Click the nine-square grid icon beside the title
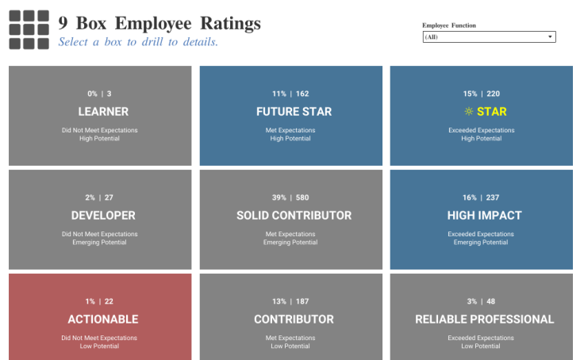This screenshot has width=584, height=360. click(29, 30)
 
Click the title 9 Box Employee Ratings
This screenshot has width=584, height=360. click(159, 24)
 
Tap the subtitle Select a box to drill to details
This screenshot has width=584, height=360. click(138, 42)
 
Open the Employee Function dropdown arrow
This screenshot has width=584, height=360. click(550, 37)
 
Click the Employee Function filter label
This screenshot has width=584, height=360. click(449, 25)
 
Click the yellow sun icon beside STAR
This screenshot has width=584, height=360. click(469, 112)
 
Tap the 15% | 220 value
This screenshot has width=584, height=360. click(482, 94)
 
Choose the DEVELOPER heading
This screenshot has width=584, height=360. click(103, 216)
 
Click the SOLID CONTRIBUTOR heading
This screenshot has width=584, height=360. click(294, 216)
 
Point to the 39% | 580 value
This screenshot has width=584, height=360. click(290, 197)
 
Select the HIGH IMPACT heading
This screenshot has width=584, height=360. click(484, 216)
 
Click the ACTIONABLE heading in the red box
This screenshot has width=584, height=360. click(103, 320)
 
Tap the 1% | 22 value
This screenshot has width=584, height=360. click(100, 301)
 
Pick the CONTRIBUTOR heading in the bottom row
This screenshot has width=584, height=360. click(294, 320)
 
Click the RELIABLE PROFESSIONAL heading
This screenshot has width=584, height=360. click(484, 320)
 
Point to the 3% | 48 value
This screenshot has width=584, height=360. click(482, 301)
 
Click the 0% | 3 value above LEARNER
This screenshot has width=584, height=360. click(100, 94)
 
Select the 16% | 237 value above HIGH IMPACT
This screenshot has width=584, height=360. click(482, 197)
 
